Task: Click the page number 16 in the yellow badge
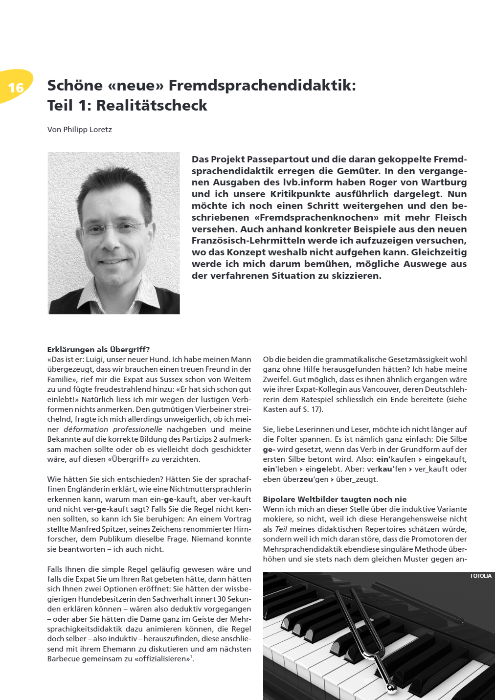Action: click(16, 87)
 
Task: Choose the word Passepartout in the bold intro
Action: click(278, 159)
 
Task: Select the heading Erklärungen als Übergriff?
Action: click(98, 349)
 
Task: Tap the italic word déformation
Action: click(86, 429)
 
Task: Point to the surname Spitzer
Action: click(112, 529)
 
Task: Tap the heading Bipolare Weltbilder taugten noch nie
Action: click(335, 499)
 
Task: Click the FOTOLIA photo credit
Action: click(481, 576)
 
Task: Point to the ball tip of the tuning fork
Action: click(390, 688)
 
